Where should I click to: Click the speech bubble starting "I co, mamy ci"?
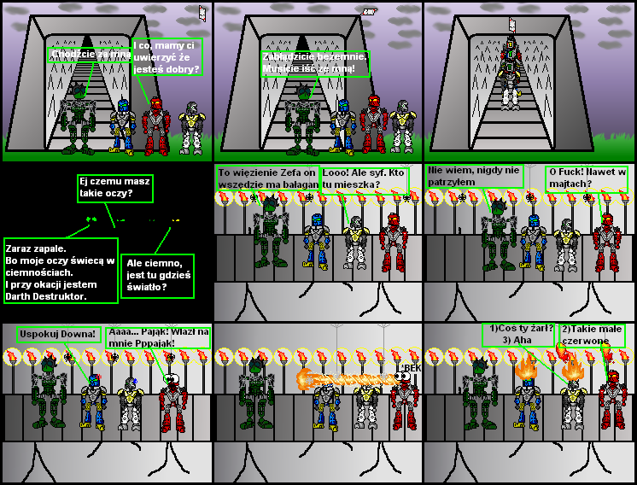tap(167, 56)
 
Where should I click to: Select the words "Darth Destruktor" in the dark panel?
tap(47, 295)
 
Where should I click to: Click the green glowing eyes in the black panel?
tap(91, 219)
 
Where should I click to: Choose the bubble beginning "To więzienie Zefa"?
tap(267, 178)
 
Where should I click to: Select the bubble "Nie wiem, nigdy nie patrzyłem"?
tap(473, 176)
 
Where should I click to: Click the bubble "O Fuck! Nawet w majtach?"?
tap(588, 177)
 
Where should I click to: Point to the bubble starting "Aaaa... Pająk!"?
tap(159, 336)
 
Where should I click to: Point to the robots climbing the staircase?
tap(510, 68)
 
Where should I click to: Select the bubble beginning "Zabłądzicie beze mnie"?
tap(315, 62)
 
